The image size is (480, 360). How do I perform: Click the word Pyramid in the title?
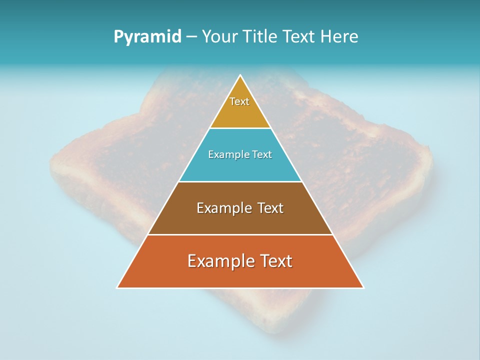(x=147, y=37)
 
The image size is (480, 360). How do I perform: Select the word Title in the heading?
(x=260, y=37)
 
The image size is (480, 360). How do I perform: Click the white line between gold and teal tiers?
(x=240, y=128)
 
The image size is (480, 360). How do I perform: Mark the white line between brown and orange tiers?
(x=240, y=234)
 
